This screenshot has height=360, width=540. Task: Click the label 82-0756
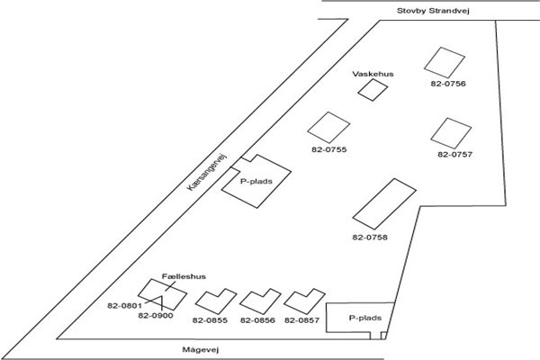[x=446, y=85]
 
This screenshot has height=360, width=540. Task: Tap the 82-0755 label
[x=328, y=148]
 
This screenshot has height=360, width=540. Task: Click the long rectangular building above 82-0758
[x=382, y=203]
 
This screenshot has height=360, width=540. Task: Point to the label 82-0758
[x=370, y=237]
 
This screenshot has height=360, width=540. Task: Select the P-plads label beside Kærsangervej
[x=256, y=180]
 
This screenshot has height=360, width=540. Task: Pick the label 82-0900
[x=157, y=316]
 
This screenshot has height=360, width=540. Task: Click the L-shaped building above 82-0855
[x=213, y=301]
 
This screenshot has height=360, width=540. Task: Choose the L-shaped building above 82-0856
[x=259, y=301]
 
